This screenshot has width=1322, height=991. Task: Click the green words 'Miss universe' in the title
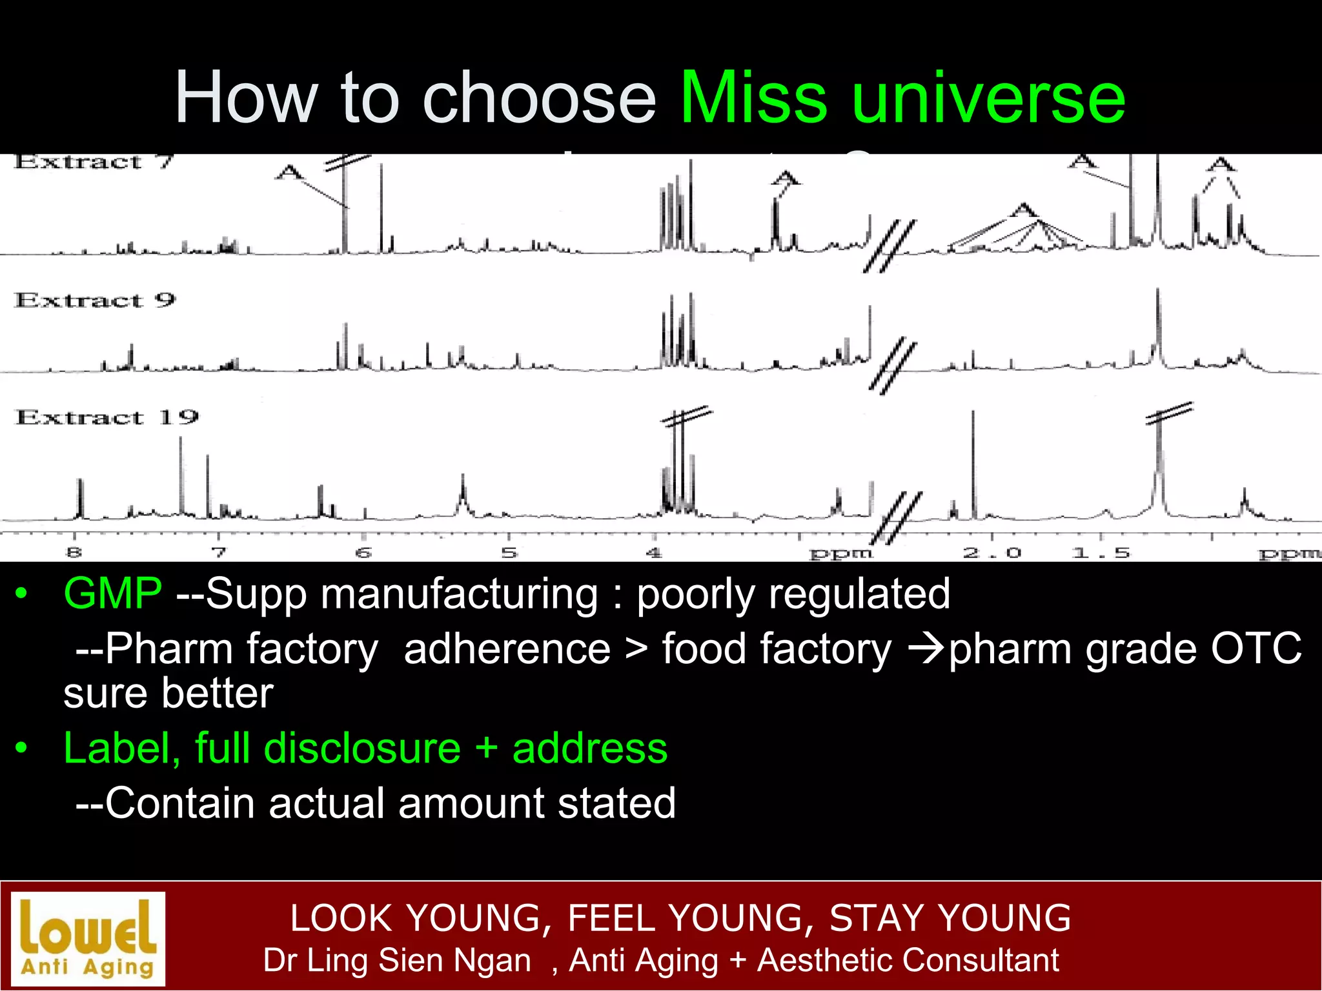point(902,98)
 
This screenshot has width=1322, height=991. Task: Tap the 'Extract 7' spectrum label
point(94,161)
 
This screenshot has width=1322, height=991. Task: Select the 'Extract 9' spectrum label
point(95,300)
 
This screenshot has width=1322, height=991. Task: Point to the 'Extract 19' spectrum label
point(107,417)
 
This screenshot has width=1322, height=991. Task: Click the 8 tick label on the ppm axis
point(74,552)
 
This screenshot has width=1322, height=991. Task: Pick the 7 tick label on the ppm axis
point(219,552)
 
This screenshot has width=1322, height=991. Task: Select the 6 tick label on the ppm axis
point(364,552)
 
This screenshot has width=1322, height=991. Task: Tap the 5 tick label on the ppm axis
point(509,552)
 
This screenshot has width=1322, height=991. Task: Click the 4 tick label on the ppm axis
point(655,552)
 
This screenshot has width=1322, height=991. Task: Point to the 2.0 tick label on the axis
point(992,553)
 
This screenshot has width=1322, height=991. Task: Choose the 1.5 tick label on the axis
point(1101,553)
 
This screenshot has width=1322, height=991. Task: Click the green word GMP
point(113,593)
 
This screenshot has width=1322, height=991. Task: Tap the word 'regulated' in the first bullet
point(859,594)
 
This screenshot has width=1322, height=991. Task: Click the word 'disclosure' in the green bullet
point(362,748)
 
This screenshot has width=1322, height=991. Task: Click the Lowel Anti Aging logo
point(88,939)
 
